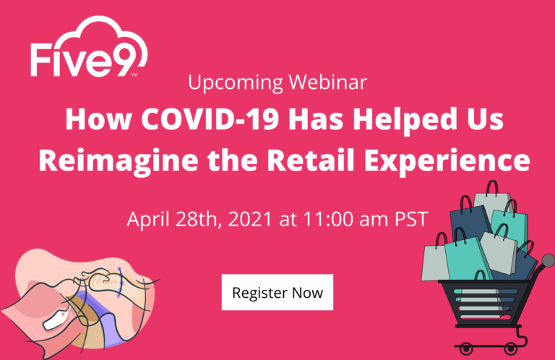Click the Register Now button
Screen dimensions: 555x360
click(277, 292)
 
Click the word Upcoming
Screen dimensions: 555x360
click(236, 83)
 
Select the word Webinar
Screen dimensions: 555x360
click(328, 82)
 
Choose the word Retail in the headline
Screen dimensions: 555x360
click(311, 160)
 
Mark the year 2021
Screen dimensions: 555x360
click(250, 219)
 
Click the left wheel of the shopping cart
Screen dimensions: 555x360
click(466, 348)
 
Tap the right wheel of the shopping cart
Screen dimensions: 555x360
click(510, 348)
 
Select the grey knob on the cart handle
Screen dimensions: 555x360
click(548, 261)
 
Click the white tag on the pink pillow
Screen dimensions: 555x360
click(56, 321)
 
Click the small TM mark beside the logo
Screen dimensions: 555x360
click(134, 74)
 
